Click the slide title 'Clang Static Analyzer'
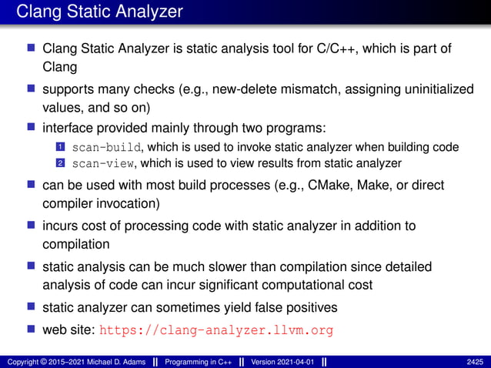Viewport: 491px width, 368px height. coord(99,12)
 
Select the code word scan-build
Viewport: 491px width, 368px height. coord(100,147)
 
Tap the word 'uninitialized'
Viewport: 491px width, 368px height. coord(433,90)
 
